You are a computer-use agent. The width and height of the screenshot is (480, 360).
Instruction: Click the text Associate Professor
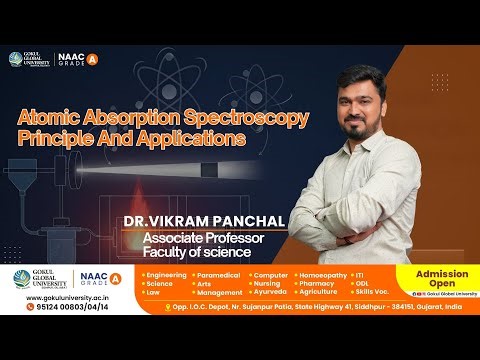point(202,238)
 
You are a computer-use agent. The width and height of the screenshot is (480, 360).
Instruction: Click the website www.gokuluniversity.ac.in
point(49,297)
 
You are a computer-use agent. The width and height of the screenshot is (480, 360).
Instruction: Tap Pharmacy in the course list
point(315,283)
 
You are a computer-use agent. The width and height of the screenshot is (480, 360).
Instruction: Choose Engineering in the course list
point(166,273)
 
